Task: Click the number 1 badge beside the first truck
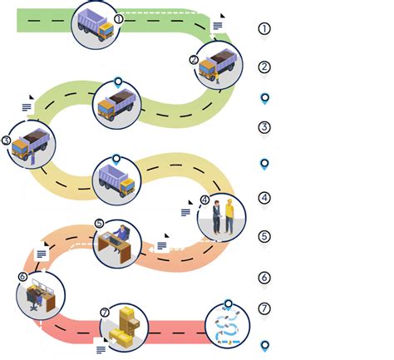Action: (119, 19)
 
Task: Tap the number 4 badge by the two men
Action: (204, 200)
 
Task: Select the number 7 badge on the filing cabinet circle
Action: (105, 313)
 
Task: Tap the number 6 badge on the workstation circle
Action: (22, 276)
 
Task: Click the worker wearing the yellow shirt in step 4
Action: (229, 216)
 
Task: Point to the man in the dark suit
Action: (217, 217)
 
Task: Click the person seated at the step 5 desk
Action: (121, 236)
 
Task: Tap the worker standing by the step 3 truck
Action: (32, 157)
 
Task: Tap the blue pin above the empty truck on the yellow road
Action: (116, 160)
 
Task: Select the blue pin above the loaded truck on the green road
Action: (118, 82)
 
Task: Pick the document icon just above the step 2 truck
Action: (219, 23)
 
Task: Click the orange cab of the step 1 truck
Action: (106, 32)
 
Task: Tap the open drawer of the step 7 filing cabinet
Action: (134, 323)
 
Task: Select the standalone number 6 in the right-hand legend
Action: (264, 278)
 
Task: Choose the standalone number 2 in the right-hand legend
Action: (264, 67)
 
